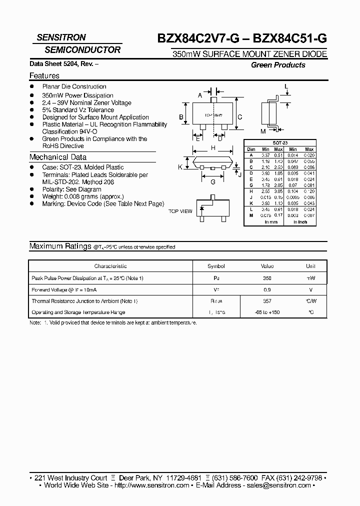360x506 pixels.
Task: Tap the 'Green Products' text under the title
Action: pos(278,65)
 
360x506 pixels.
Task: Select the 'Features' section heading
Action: pos(44,76)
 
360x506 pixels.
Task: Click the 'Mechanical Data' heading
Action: pos(58,157)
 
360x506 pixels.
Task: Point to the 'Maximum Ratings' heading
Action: pos(60,246)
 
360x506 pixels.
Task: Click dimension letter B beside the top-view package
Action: pos(182,118)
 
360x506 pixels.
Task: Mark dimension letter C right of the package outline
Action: pos(240,117)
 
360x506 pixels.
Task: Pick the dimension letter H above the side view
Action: pos(213,148)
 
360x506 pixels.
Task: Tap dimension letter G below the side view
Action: pos(213,182)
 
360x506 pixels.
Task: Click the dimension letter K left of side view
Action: pos(180,167)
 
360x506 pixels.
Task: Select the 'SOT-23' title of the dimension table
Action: pos(279,143)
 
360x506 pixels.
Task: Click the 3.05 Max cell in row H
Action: pos(279,191)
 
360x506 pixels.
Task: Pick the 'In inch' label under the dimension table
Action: pos(300,222)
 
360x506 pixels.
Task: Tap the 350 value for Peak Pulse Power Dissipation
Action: pos(266,278)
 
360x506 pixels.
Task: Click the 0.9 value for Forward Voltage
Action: pos(266,289)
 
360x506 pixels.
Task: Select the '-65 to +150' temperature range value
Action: pos(266,312)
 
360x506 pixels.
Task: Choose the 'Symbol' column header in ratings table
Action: pos(216,266)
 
